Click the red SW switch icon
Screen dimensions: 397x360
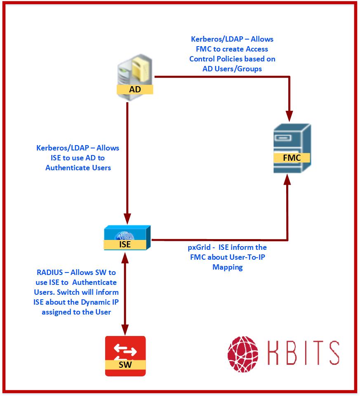pyautogui.click(x=125, y=356)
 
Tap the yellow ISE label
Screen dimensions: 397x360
pyautogui.click(x=125, y=244)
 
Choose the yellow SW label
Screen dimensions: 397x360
pyautogui.click(x=125, y=364)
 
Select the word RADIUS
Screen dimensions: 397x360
pyautogui.click(x=52, y=272)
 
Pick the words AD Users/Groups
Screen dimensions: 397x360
pyautogui.click(x=232, y=69)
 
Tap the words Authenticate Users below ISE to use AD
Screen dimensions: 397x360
pyautogui.click(x=78, y=168)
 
